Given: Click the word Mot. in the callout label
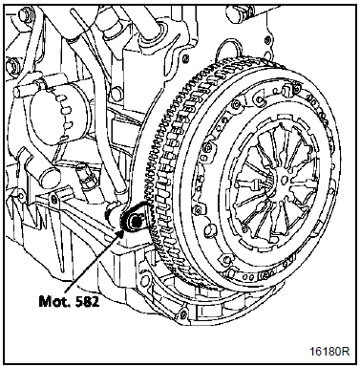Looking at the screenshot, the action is coord(52,300).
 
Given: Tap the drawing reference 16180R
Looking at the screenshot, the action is coord(329,351).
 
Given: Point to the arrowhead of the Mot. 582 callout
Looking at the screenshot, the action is coord(122,231).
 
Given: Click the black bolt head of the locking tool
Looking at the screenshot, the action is coord(136,221).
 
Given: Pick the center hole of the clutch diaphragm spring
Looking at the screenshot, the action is coord(285,180).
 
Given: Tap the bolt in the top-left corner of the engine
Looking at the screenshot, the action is coord(24,14).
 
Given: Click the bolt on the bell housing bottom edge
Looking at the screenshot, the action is coord(182,313).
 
